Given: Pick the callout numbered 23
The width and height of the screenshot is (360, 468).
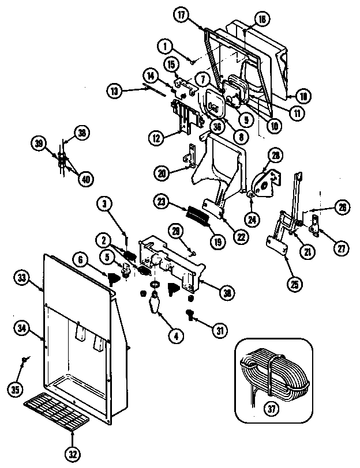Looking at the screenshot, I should click(161, 201).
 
